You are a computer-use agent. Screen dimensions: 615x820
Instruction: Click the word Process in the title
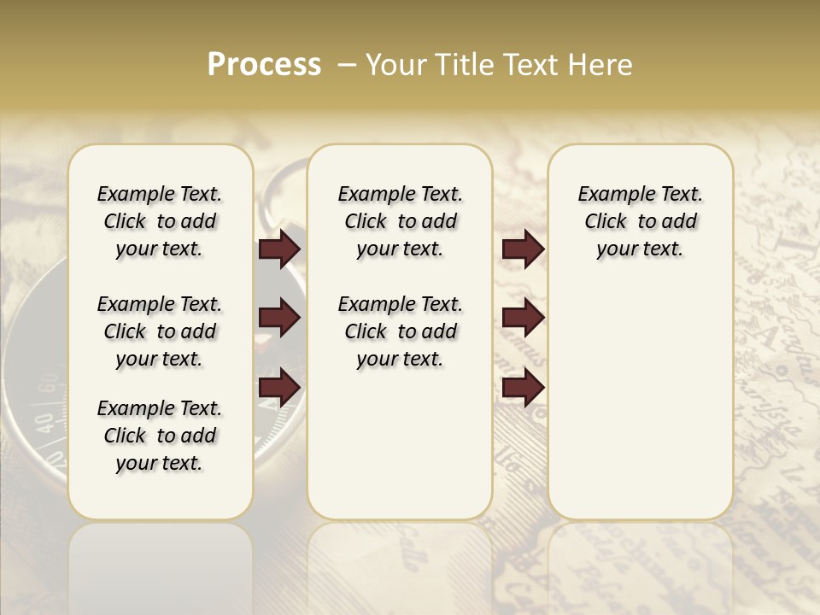click(x=264, y=65)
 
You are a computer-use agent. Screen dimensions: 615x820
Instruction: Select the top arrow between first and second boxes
click(x=279, y=249)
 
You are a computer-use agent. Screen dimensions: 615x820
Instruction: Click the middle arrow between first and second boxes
click(x=279, y=319)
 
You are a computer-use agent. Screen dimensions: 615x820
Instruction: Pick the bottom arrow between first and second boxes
click(x=279, y=388)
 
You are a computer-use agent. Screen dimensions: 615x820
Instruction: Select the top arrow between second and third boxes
click(x=523, y=249)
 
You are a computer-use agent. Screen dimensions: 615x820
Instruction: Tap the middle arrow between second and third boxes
click(x=523, y=319)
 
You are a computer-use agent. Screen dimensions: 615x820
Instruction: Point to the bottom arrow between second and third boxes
click(x=523, y=388)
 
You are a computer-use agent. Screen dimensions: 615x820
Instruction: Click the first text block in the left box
click(x=160, y=221)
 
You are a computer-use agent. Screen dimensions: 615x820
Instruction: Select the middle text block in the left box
click(x=160, y=331)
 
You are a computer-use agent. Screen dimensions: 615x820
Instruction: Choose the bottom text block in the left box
click(x=160, y=436)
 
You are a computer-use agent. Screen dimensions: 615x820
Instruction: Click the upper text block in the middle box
click(x=400, y=221)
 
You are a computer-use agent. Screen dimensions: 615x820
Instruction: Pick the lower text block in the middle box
click(x=400, y=331)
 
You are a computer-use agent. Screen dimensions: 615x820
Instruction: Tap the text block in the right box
click(x=640, y=221)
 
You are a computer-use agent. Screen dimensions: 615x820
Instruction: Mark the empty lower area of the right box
click(x=640, y=401)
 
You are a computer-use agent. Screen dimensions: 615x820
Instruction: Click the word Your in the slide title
click(x=395, y=65)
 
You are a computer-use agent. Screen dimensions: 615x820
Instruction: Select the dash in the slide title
click(x=348, y=65)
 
